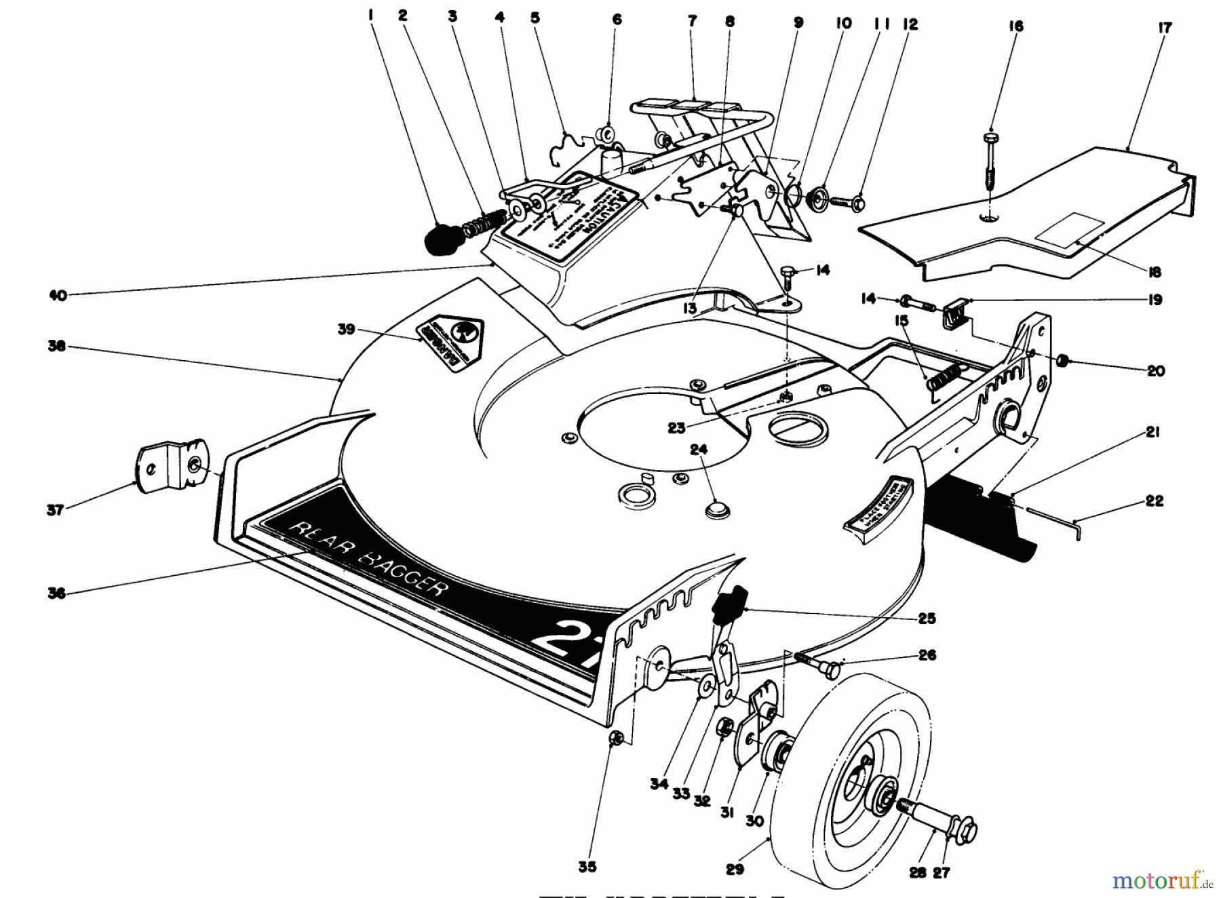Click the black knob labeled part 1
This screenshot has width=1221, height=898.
443,239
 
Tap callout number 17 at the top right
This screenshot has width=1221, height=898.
1165,28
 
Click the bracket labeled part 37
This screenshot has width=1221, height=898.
170,465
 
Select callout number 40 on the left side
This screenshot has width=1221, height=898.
58,296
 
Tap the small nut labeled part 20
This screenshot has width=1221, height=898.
1063,360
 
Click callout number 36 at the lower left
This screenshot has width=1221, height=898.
56,593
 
